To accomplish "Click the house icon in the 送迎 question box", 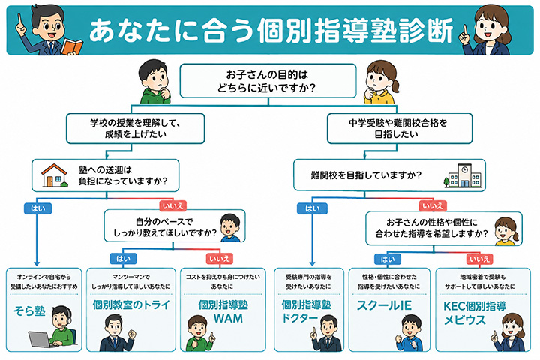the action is pos(55,175).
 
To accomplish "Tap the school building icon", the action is pos(463,175).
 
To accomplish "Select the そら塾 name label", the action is pos(29,310).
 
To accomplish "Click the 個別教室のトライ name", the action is pos(131,305).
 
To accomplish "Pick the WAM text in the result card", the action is pos(228,318).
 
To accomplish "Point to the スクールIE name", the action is pos(384,305).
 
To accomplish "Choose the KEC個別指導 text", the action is pos(474,306).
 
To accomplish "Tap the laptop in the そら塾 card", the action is pos(40,339).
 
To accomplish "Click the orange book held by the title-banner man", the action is pos(72,47).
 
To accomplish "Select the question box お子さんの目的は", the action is pos(268,81).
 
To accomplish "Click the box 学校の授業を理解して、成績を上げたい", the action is pos(135,128).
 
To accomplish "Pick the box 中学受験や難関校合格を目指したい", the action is pos(400,128).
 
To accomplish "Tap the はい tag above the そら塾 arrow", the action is pos(38,208).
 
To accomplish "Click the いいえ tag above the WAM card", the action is pos(219,258).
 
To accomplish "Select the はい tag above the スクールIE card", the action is pos(388,259).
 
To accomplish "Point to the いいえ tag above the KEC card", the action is pos(479,259).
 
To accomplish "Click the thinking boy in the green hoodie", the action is pos(154,82).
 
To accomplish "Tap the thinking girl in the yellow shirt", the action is pos(382,82).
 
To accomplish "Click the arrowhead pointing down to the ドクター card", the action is pos(312,263).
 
